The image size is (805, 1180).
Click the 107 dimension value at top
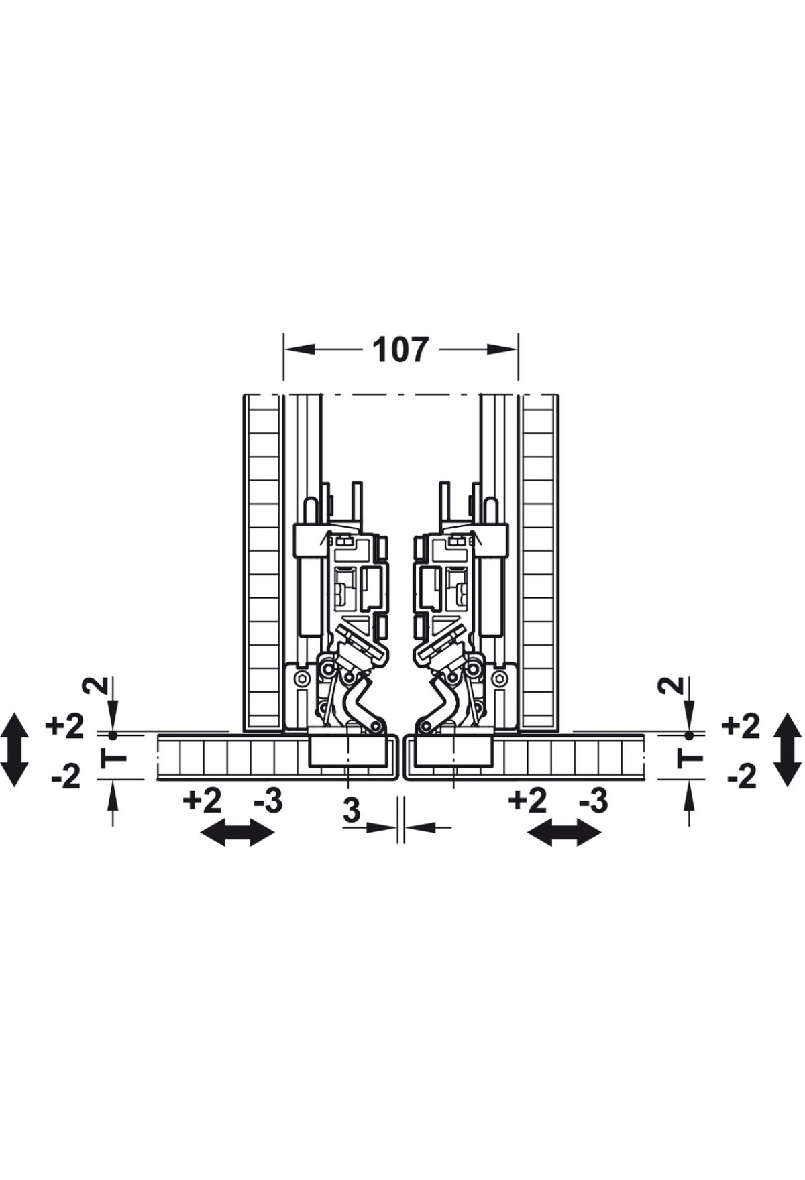tap(400, 349)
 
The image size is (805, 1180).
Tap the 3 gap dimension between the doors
tap(352, 811)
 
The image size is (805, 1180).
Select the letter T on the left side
tap(113, 758)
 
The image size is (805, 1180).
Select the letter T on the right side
tap(690, 758)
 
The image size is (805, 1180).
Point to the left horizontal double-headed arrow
tap(238, 833)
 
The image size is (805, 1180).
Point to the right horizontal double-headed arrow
tap(564, 833)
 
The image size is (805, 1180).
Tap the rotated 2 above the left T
tap(95, 685)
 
